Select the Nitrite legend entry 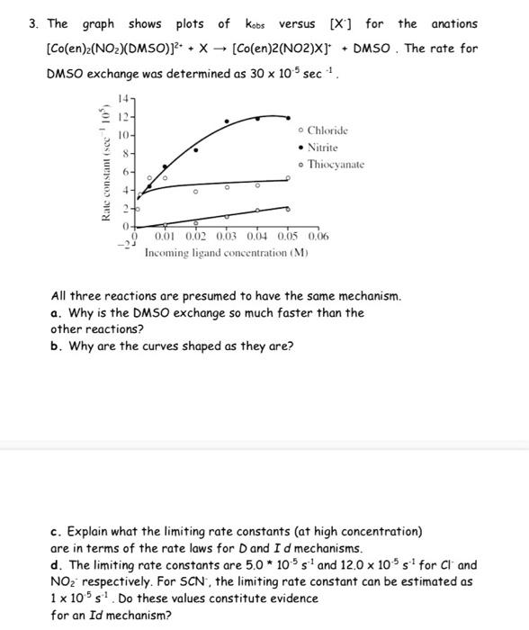(322, 148)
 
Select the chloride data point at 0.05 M (289, 178)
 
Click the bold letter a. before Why (56, 313)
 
